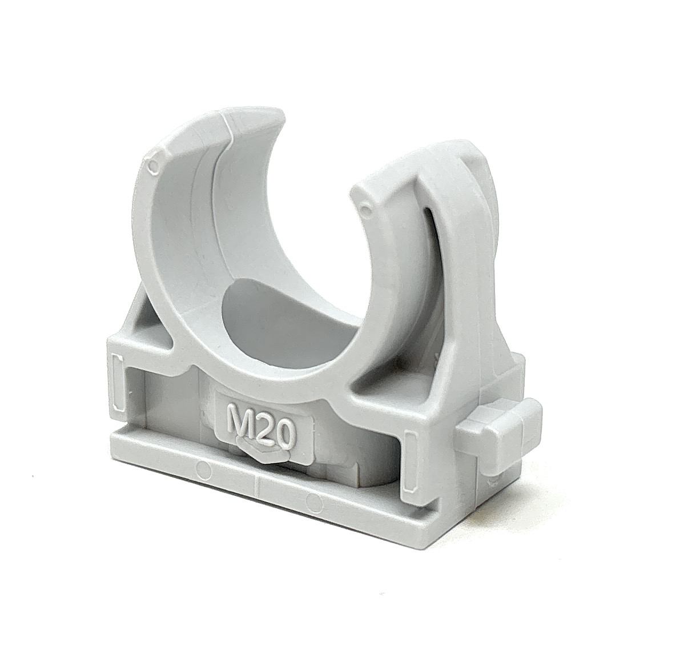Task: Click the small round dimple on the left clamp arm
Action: coord(151,165)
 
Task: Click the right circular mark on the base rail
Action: coord(315,501)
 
